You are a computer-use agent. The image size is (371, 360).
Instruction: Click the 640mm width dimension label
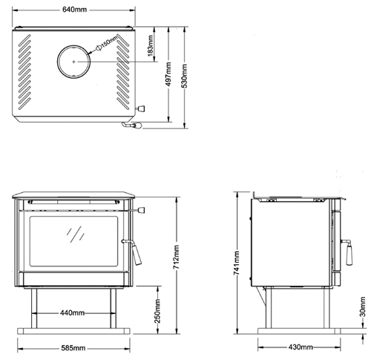pos(74,10)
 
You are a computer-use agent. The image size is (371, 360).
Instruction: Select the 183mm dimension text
pos(150,45)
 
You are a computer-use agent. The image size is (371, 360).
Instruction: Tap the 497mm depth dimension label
pos(168,74)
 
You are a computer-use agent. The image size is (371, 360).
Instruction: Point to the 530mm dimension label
pos(184,76)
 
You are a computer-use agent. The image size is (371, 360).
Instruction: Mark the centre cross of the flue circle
pos(73,62)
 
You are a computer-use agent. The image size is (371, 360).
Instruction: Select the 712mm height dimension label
pos(176,258)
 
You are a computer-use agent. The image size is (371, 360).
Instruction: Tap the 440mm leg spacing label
pos(72,313)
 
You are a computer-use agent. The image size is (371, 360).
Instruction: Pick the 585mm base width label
pos(73,348)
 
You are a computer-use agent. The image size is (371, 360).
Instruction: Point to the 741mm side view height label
pos(236,263)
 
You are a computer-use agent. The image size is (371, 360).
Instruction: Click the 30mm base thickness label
pos(362,307)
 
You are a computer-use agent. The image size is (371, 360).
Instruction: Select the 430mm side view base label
pos(301,347)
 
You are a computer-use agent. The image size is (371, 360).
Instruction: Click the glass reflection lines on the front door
pos(75,234)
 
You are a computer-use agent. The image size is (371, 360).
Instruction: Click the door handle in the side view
pos(347,252)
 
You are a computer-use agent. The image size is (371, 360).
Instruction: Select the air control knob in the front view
pos(139,210)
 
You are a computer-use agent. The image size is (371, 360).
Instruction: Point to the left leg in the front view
pos(34,308)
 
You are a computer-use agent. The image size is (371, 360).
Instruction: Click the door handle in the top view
pos(132,125)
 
